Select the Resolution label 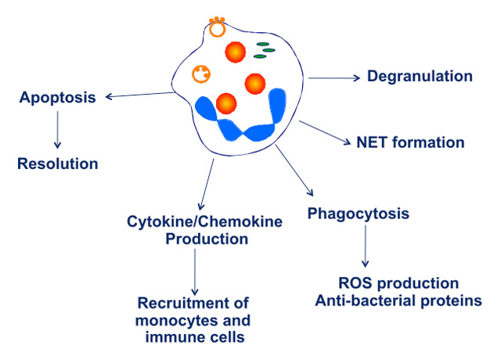(58, 164)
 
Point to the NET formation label (410, 142)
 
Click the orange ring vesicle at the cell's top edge (217, 31)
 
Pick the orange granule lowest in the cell (226, 103)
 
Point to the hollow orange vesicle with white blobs (201, 75)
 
